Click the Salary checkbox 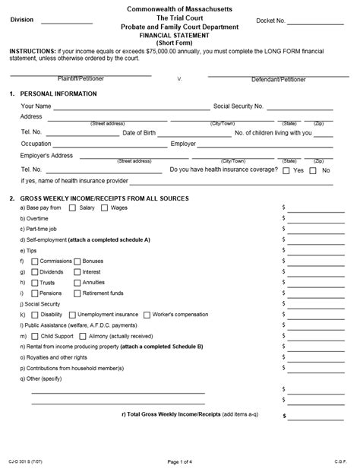[x=73, y=208]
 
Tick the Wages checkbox [x=104, y=208]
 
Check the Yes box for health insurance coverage [x=286, y=171]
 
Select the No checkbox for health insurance [x=314, y=171]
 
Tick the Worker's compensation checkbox [x=147, y=314]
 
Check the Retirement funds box [x=77, y=293]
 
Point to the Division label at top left [x=22, y=21]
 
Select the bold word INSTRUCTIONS [x=32, y=50]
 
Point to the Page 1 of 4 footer [x=179, y=461]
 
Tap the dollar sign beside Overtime [x=284, y=218]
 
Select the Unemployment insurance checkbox [x=72, y=314]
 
